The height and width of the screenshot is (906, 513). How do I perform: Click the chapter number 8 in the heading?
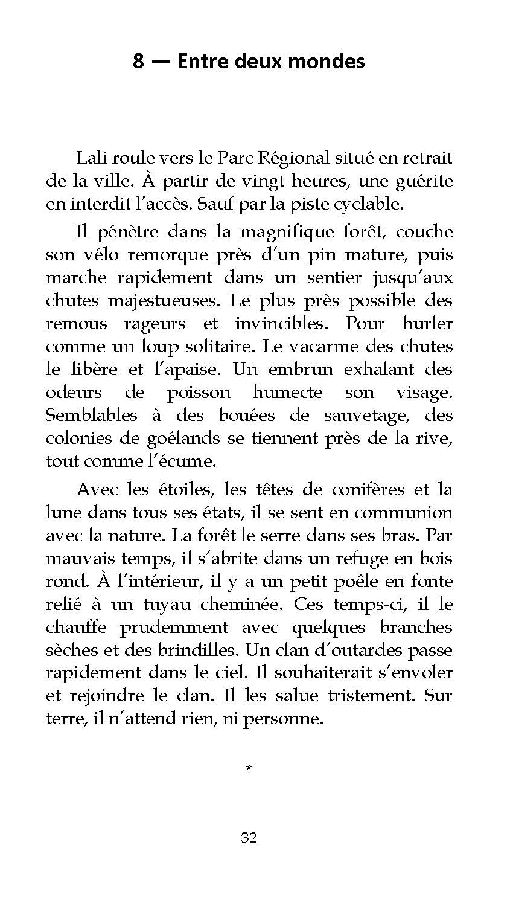click(139, 62)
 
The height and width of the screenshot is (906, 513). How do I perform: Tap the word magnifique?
click(297, 233)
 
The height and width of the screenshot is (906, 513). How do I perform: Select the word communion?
click(403, 512)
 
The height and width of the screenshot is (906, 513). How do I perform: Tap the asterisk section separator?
click(249, 768)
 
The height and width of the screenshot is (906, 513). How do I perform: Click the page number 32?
click(249, 837)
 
